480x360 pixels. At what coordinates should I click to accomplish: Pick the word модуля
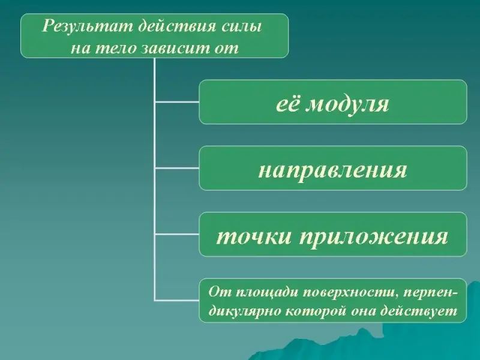point(347,104)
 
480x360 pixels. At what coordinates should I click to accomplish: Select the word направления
point(333,170)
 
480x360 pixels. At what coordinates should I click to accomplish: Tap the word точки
point(254,236)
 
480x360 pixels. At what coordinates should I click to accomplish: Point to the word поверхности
point(350,292)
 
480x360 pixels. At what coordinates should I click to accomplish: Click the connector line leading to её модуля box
point(177,101)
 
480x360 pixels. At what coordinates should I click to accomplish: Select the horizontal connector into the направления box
point(177,168)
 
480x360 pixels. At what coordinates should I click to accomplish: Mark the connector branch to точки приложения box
point(177,234)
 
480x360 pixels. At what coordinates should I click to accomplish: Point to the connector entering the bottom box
point(177,301)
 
